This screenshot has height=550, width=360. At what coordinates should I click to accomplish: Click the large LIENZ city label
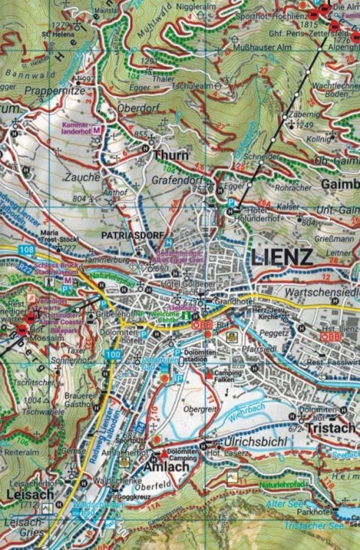coord(282,256)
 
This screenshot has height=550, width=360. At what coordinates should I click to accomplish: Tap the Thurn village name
coord(170,155)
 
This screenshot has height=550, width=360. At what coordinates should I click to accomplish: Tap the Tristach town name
coord(331,428)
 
